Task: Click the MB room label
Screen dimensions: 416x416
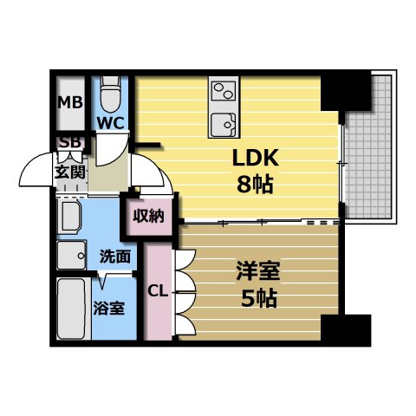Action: click(x=70, y=102)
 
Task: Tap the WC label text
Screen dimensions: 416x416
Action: click(x=111, y=123)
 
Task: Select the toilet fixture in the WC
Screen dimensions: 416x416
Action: click(x=110, y=94)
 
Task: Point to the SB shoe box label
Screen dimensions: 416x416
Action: click(x=69, y=142)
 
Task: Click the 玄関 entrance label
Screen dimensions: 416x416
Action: click(x=70, y=172)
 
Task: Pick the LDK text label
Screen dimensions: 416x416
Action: click(x=256, y=158)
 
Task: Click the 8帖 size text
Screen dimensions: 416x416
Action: click(x=255, y=184)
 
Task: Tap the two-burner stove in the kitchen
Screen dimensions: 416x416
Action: click(x=224, y=91)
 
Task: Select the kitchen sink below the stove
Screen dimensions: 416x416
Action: click(x=224, y=125)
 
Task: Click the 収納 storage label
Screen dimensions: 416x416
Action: click(x=149, y=216)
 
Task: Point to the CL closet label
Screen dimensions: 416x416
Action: click(x=158, y=291)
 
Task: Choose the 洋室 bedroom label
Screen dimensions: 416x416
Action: click(x=258, y=270)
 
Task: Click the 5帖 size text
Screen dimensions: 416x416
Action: click(x=259, y=298)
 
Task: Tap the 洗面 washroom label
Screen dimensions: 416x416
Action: click(x=115, y=256)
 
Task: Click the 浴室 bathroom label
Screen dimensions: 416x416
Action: click(x=109, y=308)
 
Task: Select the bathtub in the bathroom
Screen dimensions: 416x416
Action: click(x=71, y=309)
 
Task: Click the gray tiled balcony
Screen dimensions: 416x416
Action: click(x=369, y=147)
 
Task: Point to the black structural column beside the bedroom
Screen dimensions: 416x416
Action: click(x=346, y=330)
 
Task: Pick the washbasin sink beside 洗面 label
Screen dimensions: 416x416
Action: click(x=71, y=256)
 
